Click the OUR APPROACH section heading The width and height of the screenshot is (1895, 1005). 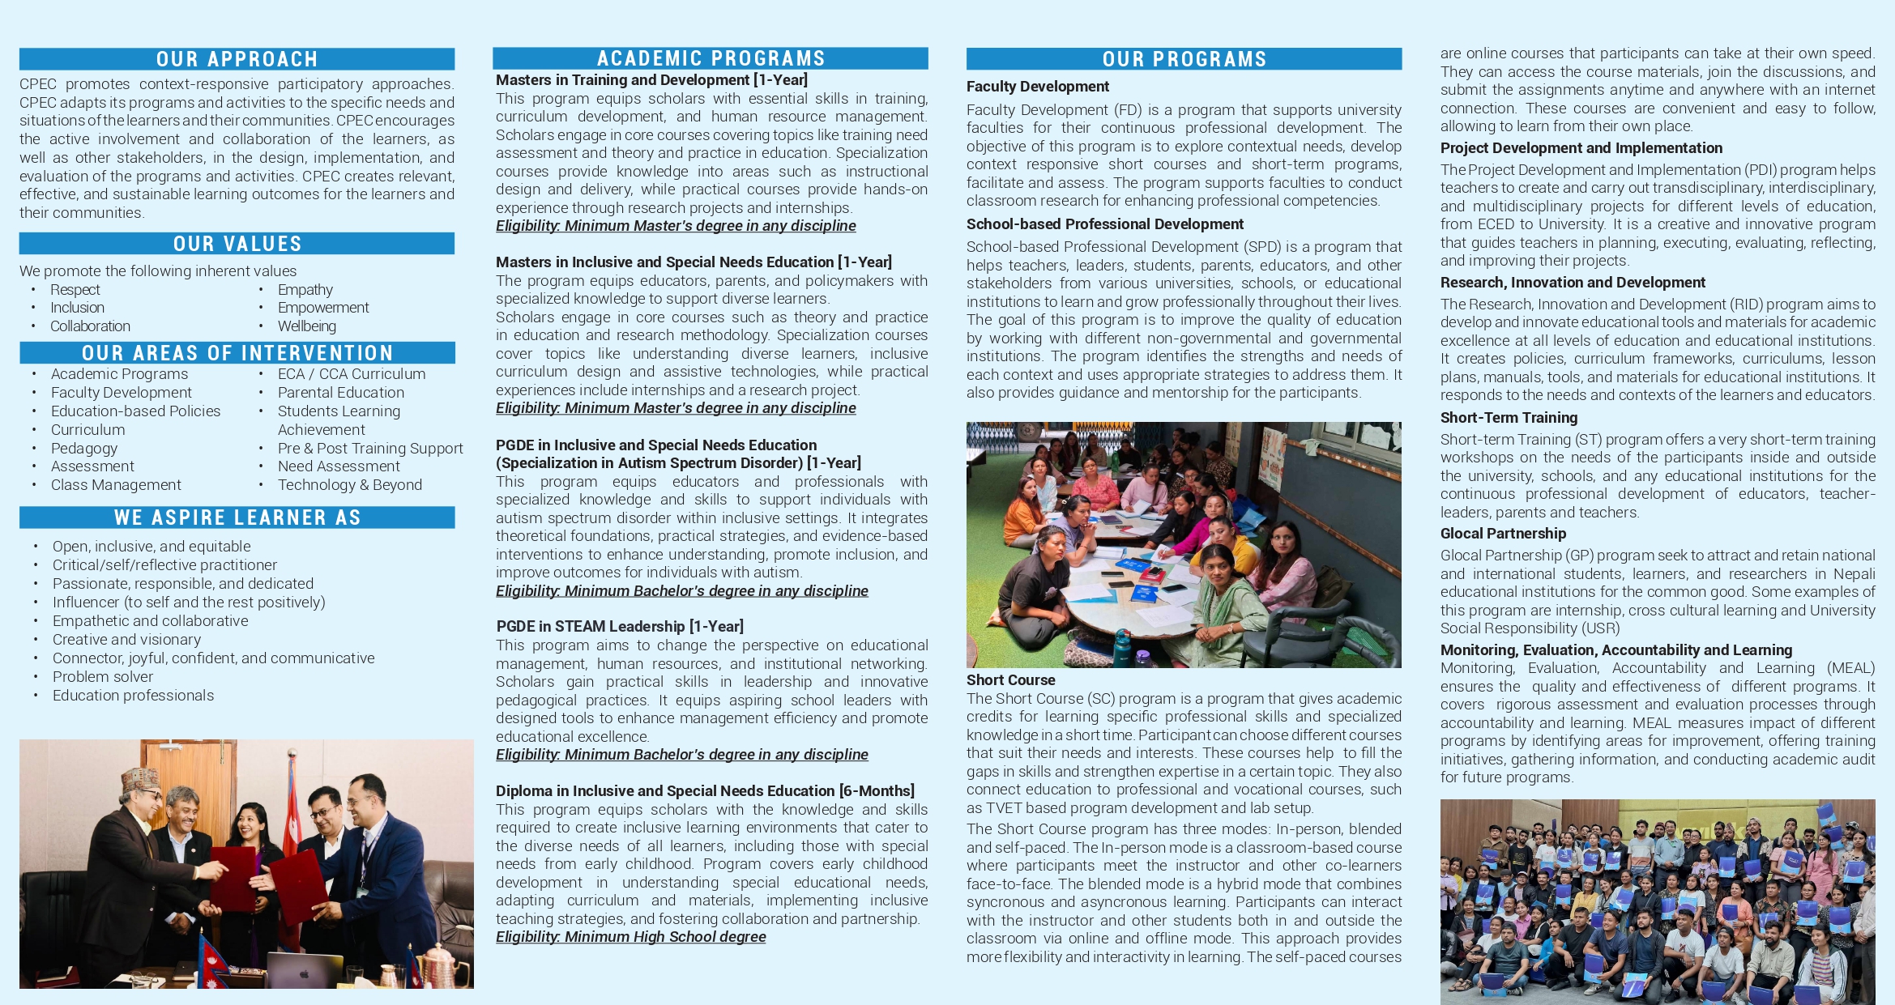click(x=237, y=59)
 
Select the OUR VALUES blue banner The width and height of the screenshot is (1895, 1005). click(x=237, y=244)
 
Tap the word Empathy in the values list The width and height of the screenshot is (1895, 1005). click(x=305, y=290)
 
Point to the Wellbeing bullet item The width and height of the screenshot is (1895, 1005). click(x=306, y=326)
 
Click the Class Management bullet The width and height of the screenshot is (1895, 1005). click(x=116, y=485)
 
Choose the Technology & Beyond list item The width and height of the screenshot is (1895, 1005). click(x=349, y=485)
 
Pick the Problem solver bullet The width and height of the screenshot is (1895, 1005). click(x=103, y=677)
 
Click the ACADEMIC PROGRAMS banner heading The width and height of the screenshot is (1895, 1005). click(x=711, y=58)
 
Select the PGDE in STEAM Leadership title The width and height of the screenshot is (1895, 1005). click(x=619, y=627)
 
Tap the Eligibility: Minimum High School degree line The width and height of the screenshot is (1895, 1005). click(x=630, y=937)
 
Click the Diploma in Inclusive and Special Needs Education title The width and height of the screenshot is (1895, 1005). click(x=705, y=791)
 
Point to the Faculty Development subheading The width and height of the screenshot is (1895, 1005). click(x=1037, y=87)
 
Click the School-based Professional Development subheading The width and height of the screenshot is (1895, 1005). click(x=1104, y=224)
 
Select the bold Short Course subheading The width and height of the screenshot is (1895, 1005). click(x=1010, y=680)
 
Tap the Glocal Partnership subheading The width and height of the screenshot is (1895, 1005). click(x=1503, y=534)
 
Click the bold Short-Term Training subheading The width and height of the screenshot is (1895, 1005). click(x=1509, y=418)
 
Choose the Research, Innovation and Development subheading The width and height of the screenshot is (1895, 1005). click(x=1573, y=283)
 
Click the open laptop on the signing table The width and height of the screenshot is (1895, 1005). click(x=305, y=969)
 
